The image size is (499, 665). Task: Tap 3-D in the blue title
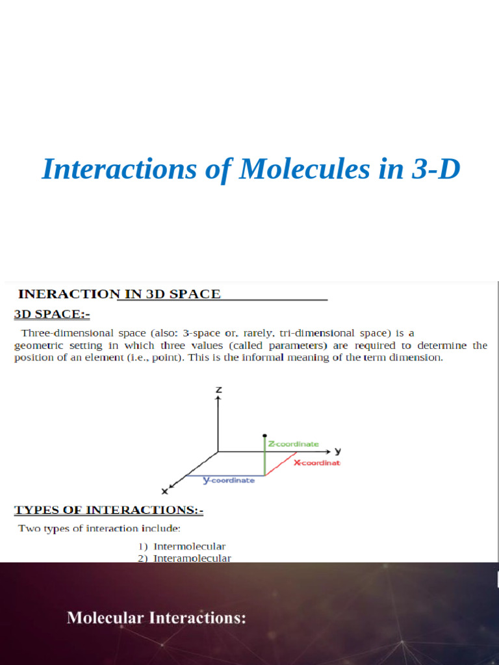coord(436,169)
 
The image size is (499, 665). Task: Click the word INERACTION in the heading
coord(67,294)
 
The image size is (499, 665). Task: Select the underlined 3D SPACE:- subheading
coord(52,315)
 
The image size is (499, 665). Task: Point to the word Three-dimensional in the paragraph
coord(63,333)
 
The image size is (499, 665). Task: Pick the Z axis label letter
coord(219,390)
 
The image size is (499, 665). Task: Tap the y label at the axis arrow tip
coord(339,451)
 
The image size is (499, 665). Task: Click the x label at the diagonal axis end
coord(165,491)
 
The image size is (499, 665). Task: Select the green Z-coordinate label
coord(294,444)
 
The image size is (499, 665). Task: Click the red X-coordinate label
coord(317,463)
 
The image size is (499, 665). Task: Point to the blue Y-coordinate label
coord(229,481)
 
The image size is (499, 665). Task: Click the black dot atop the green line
coord(264,436)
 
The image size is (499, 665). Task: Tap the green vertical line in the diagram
coord(265,458)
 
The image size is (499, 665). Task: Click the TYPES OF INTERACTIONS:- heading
coord(109,510)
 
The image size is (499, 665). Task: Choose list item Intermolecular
coord(189,547)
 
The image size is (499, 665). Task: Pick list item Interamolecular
coord(192,558)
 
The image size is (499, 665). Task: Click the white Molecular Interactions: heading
coord(157,618)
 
